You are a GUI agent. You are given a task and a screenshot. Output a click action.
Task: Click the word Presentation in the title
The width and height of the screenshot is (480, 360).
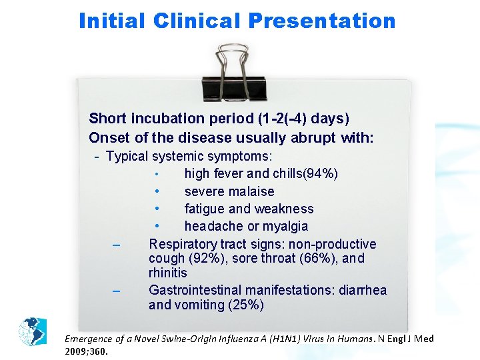323,21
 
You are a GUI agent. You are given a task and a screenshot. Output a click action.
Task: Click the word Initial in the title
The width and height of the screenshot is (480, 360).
112,21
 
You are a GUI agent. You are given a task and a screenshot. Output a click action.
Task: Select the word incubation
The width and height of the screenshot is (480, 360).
175,119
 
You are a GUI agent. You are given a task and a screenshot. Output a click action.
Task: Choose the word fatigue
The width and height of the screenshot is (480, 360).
205,209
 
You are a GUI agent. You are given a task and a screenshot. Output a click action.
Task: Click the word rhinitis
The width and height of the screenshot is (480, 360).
168,273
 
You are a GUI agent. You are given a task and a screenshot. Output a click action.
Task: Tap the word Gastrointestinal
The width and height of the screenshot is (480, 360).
196,291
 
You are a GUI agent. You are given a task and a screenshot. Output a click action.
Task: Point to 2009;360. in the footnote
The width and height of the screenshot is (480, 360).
87,351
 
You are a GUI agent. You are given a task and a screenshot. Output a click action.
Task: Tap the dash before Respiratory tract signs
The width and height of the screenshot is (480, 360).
116,245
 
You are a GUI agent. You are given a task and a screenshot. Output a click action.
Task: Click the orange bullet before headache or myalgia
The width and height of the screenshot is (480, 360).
155,227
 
